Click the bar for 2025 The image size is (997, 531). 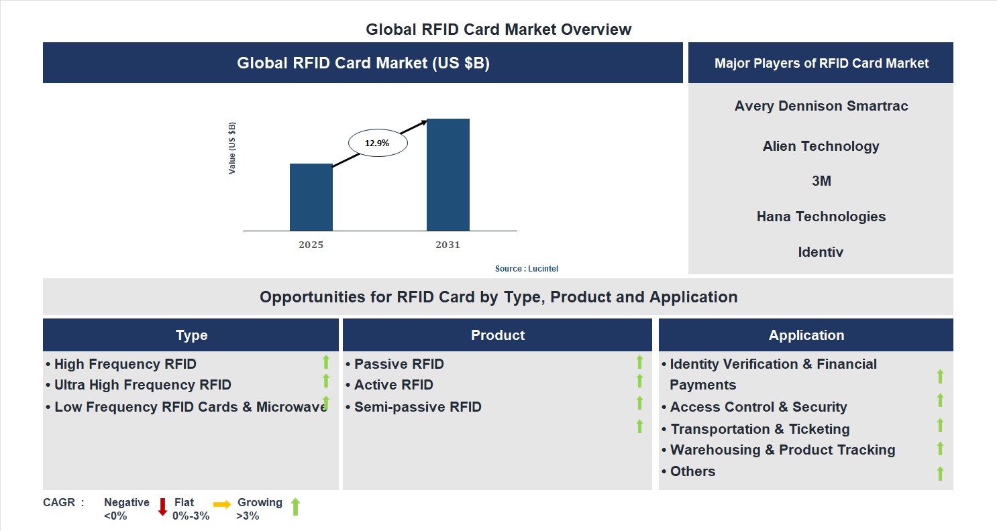[311, 197]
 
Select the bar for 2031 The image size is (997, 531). [448, 174]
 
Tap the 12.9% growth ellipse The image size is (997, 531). [377, 143]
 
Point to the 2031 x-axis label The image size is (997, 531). [448, 245]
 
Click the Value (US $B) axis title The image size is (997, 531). [232, 148]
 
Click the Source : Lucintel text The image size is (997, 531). [526, 269]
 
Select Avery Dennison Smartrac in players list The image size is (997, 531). [821, 106]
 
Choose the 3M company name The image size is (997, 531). [821, 181]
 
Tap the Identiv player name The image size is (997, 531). [821, 252]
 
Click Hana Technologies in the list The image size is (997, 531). [821, 217]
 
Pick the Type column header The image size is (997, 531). [191, 335]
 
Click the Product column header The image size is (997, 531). [497, 335]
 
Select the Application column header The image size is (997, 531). [806, 335]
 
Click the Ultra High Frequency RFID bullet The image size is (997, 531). [142, 385]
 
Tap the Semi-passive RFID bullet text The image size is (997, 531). [417, 407]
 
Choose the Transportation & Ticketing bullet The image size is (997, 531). [759, 429]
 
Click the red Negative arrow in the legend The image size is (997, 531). [162, 507]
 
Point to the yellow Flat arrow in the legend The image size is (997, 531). [222, 504]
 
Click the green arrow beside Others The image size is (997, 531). [940, 473]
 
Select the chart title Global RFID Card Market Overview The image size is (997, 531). [498, 29]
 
